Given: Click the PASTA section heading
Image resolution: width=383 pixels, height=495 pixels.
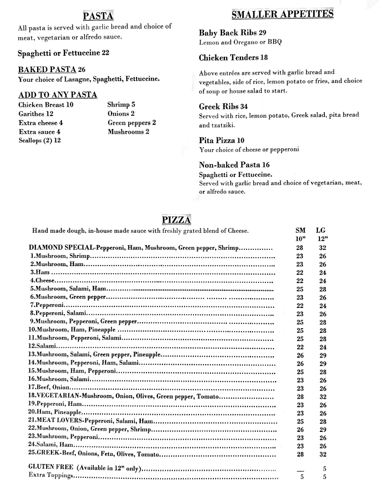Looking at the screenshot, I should point(98,16).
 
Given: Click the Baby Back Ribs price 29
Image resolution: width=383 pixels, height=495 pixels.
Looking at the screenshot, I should point(262,33).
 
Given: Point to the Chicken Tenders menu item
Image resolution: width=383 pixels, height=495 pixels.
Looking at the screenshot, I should point(233,58).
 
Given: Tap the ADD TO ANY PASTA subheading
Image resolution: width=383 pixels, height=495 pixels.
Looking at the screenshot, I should point(58,95).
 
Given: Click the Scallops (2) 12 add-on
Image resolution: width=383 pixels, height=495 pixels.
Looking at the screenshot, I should point(40,141).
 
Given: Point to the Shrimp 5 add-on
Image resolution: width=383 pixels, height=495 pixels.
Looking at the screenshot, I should point(121,105).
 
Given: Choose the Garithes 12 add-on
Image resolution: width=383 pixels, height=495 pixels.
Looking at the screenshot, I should point(36,114).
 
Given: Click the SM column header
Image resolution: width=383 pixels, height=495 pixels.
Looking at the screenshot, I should point(300,231).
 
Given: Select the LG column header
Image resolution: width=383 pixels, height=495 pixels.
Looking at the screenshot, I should point(321,231).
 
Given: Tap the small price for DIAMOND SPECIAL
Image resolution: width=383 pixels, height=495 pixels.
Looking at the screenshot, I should point(300,248).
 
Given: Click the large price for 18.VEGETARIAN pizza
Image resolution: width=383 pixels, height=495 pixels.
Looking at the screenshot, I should point(323,396).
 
